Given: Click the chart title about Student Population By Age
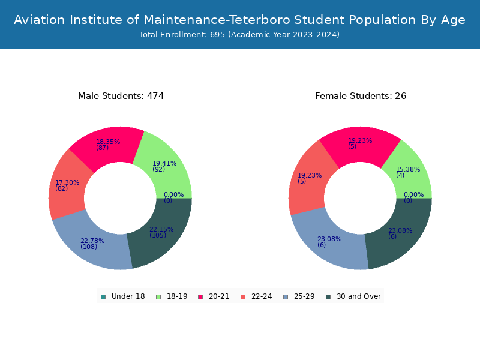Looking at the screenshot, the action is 239,20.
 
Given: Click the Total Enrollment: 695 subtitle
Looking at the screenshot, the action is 239,35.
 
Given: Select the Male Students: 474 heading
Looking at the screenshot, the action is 121,96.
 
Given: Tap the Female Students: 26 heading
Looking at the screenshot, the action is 361,96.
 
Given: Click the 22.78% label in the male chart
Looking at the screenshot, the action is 92,241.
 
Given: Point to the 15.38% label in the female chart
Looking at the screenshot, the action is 408,169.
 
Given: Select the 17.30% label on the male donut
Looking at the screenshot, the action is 67,183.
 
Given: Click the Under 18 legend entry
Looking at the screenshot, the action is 123,296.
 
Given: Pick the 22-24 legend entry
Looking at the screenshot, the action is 257,296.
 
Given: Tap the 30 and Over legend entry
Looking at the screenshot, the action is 353,296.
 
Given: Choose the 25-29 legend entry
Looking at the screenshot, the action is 299,296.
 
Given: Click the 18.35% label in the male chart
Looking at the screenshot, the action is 108,142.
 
